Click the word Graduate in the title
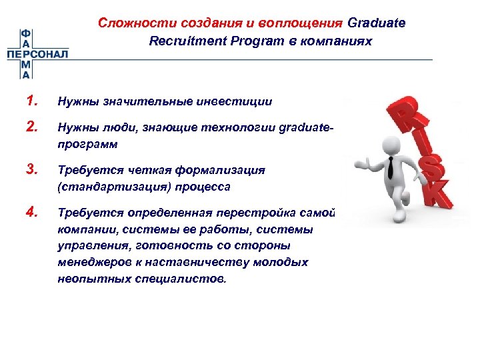coord(376,23)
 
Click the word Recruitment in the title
coord(181,41)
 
